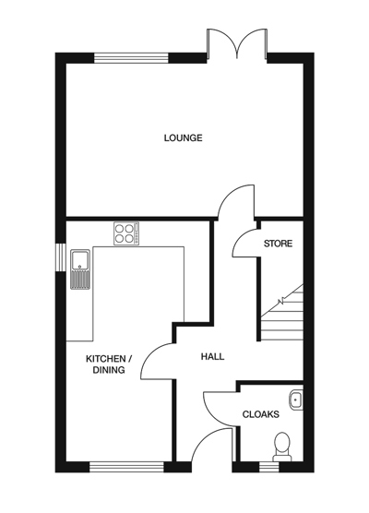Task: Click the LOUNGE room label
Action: (x=183, y=138)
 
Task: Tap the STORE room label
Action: (x=278, y=245)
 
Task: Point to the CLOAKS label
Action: (x=260, y=415)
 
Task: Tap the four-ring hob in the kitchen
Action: (x=125, y=233)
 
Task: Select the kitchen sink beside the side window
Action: (x=79, y=268)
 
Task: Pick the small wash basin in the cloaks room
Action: (x=296, y=399)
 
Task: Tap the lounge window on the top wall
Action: (x=131, y=58)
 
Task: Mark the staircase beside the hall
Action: (x=280, y=314)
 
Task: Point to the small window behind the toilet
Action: (x=269, y=466)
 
